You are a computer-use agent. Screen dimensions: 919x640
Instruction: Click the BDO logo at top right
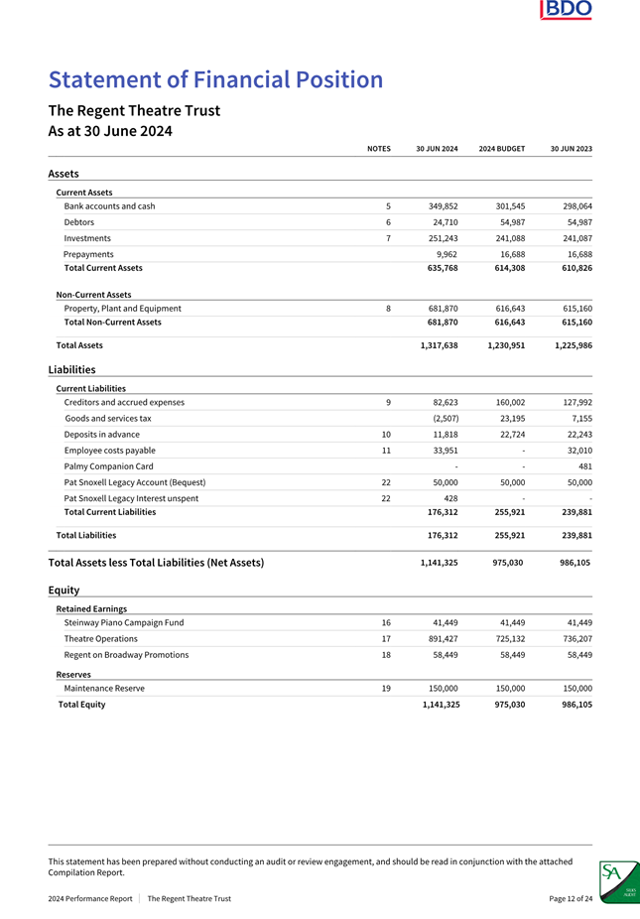(x=567, y=10)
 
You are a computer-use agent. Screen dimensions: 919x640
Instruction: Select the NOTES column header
(x=378, y=149)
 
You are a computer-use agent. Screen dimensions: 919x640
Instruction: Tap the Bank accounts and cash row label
(x=109, y=206)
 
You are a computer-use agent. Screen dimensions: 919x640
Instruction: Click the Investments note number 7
(x=387, y=238)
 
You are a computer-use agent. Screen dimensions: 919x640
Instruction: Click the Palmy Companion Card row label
(x=108, y=466)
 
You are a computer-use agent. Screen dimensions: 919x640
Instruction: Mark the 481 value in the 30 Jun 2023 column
(x=584, y=466)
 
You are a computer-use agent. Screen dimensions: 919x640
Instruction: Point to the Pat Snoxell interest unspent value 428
(x=449, y=498)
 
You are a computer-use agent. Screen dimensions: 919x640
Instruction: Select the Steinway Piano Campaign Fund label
(x=123, y=623)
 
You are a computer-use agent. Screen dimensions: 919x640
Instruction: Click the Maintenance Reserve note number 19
(x=387, y=688)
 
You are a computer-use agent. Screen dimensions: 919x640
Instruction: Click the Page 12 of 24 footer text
(x=571, y=899)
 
